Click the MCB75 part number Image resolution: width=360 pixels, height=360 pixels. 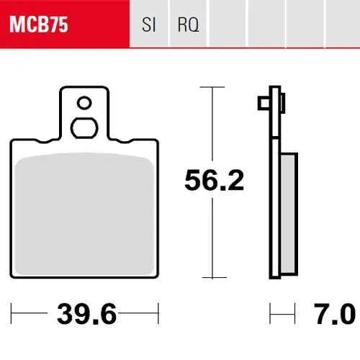39,24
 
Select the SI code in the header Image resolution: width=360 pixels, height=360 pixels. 149,24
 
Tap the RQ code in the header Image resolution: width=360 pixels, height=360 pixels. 189,24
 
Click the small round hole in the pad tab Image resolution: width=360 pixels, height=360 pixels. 84,103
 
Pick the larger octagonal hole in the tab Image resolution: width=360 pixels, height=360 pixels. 84,128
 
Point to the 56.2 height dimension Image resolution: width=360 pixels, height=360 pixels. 214,180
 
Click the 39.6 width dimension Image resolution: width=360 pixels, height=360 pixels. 86,314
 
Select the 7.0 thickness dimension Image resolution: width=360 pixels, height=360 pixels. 334,314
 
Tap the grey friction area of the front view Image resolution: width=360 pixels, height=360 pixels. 84,214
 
